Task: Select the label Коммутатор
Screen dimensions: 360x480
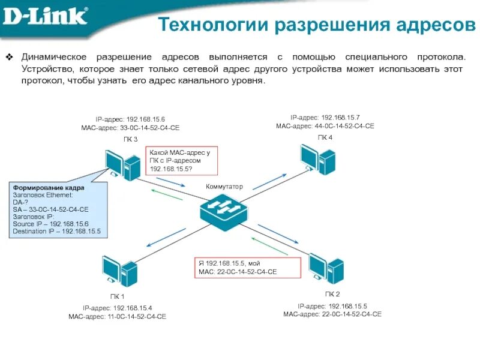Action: [x=224, y=187]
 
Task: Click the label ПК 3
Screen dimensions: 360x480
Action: [x=130, y=139]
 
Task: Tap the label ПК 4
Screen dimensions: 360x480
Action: [x=325, y=137]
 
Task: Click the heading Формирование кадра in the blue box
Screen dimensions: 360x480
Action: [x=49, y=188]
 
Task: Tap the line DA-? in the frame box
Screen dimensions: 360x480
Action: [x=20, y=202]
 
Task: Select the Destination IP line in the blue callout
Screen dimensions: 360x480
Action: [x=56, y=231]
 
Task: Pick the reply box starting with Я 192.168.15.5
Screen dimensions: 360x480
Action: [x=247, y=268]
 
